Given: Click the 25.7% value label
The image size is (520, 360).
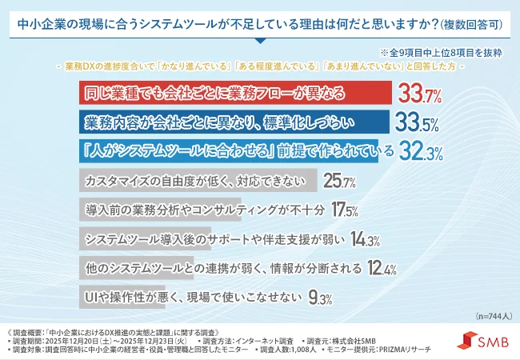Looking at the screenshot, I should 339,182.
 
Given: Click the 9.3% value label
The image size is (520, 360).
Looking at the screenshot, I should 320,296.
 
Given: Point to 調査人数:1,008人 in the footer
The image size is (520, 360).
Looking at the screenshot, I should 282,349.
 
